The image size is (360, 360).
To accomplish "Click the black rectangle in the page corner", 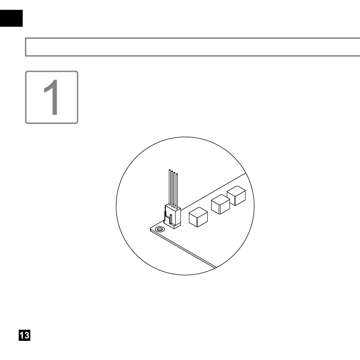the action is point(11,18).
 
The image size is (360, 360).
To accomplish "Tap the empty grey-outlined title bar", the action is point(192,47).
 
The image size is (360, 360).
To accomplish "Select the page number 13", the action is point(25,335).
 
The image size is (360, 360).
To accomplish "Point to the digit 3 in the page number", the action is point(27,335).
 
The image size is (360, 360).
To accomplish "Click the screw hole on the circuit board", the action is point(160,229).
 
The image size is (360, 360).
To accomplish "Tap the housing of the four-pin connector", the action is point(173,216).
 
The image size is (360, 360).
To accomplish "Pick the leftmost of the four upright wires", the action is point(170,187).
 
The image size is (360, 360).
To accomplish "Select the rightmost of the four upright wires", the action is point(176,192).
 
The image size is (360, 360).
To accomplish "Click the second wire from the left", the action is point(172,189).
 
